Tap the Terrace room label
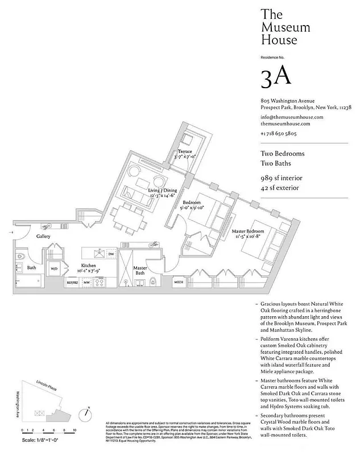185,152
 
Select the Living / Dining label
163,190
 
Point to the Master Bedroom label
247,231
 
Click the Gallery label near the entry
44,236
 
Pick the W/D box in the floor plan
55,268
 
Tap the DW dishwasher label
111,254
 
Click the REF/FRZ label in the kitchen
72,282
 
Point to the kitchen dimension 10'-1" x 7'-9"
88,271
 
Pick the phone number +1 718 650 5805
279,133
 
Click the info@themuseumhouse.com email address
292,117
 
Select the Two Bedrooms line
283,154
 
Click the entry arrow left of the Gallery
10,232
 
